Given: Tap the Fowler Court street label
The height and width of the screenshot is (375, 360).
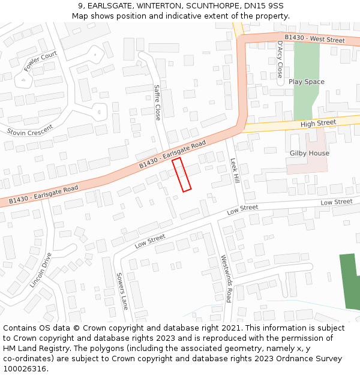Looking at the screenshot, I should pos(40,62).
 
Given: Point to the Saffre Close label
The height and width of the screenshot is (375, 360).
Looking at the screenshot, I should pos(157,103).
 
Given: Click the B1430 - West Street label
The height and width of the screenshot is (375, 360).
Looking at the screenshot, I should pos(314,39).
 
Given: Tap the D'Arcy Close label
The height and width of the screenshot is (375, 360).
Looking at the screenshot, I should pos(280,59).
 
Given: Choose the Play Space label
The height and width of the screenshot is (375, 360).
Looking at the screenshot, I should pos(306,82).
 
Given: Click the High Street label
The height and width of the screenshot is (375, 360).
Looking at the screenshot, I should pos(318,123).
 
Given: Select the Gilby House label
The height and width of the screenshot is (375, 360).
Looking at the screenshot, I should pos(309,153).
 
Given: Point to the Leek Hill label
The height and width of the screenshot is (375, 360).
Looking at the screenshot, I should pos(235,171).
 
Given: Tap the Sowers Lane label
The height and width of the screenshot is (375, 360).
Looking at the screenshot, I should pos(122,291).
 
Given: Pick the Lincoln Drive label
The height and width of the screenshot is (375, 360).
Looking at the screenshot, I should pos(41,269).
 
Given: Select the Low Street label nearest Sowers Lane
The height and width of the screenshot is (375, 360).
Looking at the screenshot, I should pos(149,241).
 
